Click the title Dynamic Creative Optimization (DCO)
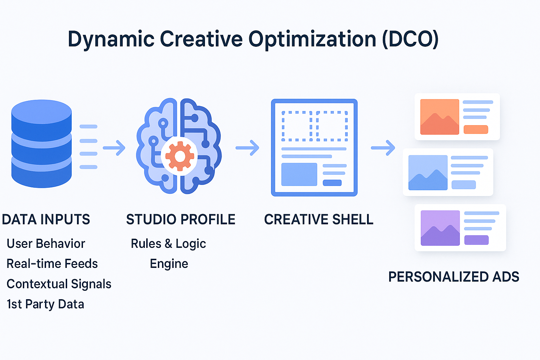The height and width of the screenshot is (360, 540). click(253, 39)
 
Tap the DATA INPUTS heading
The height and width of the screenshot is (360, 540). click(46, 219)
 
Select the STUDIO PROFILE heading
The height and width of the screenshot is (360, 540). click(181, 219)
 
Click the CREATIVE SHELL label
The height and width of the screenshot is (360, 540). click(319, 219)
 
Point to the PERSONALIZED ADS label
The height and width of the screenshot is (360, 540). click(454, 277)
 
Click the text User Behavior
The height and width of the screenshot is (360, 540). click(46, 244)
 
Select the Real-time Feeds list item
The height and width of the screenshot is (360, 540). click(52, 264)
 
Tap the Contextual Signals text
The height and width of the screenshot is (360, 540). click(59, 284)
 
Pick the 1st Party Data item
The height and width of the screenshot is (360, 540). click(45, 304)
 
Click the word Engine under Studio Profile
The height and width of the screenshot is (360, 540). click(169, 264)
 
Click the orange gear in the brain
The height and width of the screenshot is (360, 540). click(180, 156)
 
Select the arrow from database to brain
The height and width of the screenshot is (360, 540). click(114, 148)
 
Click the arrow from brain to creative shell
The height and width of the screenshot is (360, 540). click(247, 148)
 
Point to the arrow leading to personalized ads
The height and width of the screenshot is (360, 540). click(383, 148)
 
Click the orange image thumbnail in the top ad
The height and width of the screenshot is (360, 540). click(439, 117)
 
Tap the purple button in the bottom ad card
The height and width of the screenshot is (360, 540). click(476, 240)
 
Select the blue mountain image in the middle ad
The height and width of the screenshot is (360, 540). click(428, 173)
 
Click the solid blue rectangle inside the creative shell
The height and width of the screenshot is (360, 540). click(299, 174)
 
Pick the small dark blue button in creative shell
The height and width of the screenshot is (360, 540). click(332, 183)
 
